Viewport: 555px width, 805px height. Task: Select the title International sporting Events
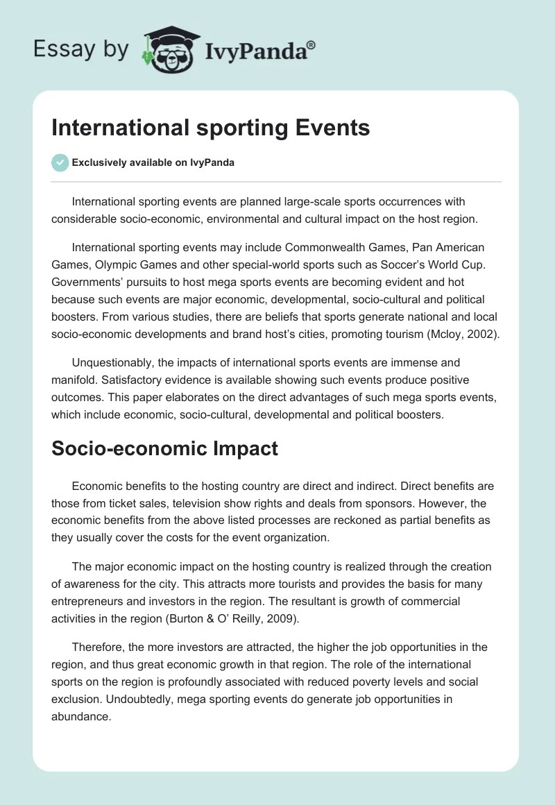click(x=210, y=128)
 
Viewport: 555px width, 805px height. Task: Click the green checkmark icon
click(x=60, y=162)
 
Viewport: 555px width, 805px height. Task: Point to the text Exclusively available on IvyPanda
click(x=153, y=162)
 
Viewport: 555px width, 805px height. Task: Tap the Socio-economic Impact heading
click(x=164, y=448)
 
